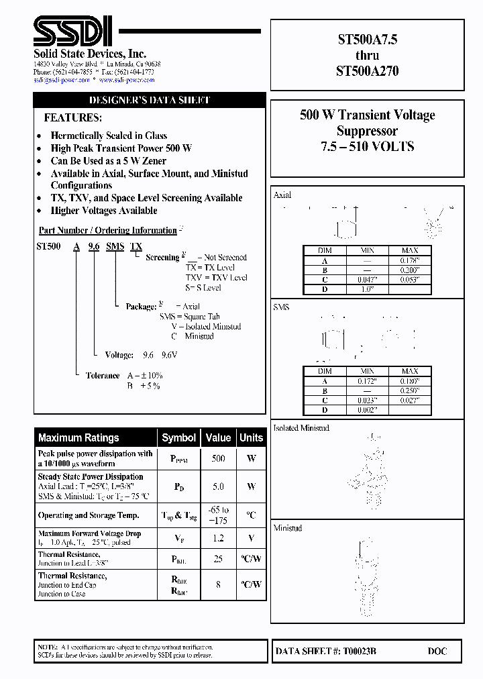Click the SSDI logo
coord(74,32)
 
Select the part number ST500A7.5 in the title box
coord(367,40)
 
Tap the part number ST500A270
coord(367,70)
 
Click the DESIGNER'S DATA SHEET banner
coord(150,100)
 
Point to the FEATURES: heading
coord(73,117)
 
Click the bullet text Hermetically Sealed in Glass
coord(109,136)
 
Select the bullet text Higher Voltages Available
coord(104,211)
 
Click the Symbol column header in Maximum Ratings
coord(179,437)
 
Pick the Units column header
coord(251,437)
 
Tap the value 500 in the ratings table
coord(218,459)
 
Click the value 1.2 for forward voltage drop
coord(218,537)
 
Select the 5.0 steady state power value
coord(218,486)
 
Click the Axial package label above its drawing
coord(282,195)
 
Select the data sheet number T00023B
coord(360,651)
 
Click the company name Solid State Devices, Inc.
coord(90,54)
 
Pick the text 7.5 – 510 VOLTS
coord(367,146)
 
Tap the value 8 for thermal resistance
coord(218,584)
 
